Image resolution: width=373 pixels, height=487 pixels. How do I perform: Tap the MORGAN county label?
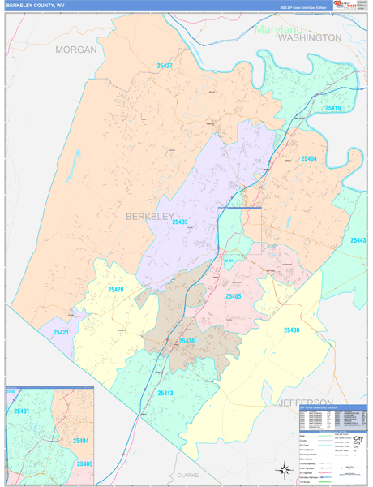[76, 50]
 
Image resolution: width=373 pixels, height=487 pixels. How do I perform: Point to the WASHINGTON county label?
[310, 38]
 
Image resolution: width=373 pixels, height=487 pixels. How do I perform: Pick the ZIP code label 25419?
[333, 107]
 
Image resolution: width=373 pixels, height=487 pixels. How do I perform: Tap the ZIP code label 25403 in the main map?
[179, 222]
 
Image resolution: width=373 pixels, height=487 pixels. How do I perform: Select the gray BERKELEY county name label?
[149, 217]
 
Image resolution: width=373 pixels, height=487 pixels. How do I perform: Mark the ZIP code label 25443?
[358, 240]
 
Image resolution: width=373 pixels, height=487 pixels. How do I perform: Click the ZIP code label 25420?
[116, 290]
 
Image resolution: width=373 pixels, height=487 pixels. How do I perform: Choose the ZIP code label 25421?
[62, 333]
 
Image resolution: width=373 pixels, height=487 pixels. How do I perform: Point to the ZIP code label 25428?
[186, 342]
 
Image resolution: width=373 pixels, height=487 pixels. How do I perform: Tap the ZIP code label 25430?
[291, 330]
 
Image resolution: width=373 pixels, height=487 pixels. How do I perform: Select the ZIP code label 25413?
[165, 393]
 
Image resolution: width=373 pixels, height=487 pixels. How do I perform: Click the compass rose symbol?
[284, 469]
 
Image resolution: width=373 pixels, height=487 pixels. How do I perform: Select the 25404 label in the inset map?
[81, 439]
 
